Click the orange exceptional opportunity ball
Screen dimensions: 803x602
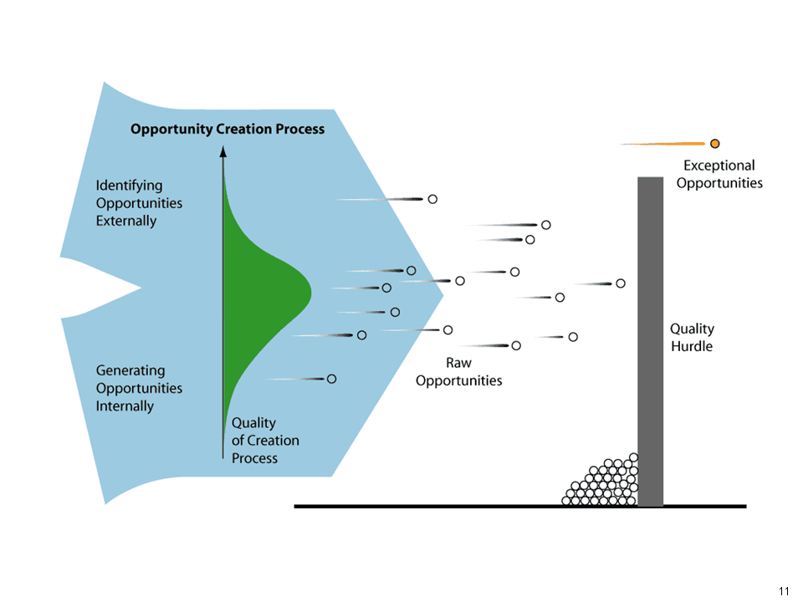(715, 144)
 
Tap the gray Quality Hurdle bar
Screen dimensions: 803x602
(651, 341)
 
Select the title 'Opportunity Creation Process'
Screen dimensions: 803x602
(228, 129)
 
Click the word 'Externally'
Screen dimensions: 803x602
(126, 221)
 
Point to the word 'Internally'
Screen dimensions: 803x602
(125, 406)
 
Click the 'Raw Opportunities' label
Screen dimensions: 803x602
(459, 371)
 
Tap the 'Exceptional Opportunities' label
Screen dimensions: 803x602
(719, 174)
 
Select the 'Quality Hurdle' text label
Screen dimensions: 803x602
(692, 337)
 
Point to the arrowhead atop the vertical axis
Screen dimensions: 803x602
(222, 151)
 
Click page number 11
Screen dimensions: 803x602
(784, 591)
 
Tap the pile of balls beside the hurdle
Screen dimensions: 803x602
(601, 482)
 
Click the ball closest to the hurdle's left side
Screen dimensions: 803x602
(621, 283)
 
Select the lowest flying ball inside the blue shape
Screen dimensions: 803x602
(332, 379)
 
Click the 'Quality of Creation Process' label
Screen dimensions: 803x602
(265, 441)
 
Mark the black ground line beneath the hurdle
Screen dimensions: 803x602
(520, 507)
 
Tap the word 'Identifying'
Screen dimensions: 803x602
(129, 186)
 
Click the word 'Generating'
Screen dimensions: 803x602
(130, 370)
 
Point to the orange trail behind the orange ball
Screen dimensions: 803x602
(663, 144)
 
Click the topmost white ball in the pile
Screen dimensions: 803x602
(634, 457)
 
